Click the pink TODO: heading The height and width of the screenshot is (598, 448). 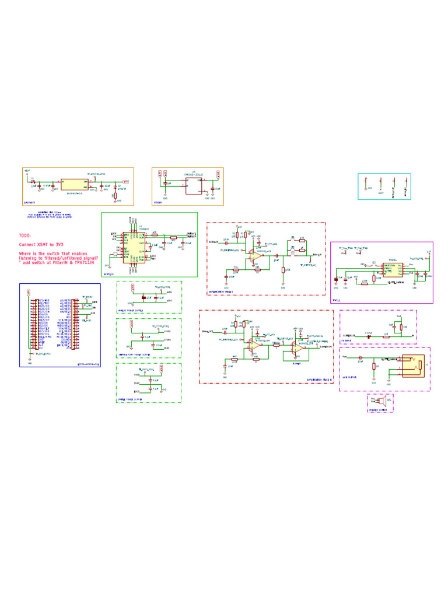(27, 235)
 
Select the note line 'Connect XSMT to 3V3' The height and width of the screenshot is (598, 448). (43, 244)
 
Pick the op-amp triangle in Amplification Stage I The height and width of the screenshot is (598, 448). (255, 255)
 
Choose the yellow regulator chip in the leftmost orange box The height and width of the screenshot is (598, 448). (73, 183)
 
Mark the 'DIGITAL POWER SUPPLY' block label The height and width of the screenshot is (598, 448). (132, 400)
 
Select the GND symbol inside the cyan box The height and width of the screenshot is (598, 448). (365, 188)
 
